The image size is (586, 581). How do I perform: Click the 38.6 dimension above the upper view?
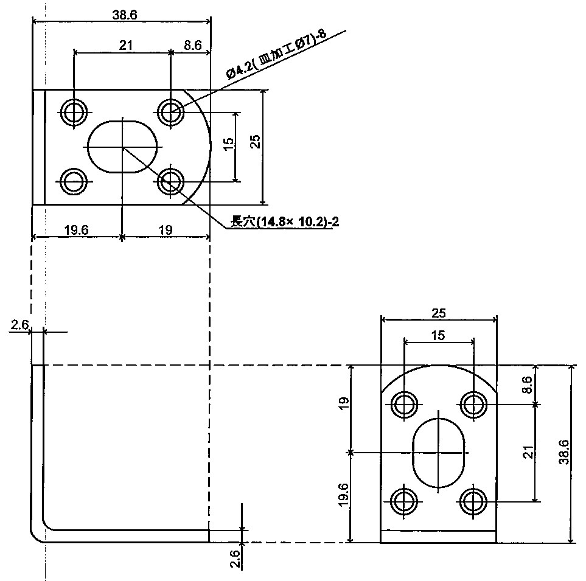[124, 15]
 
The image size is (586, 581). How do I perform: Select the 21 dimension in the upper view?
[126, 45]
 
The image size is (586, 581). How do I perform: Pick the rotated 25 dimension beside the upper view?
[256, 141]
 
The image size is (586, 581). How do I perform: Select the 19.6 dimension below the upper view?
[76, 229]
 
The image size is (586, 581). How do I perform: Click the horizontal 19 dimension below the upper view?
[165, 229]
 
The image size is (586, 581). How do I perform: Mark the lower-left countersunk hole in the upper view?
[74, 181]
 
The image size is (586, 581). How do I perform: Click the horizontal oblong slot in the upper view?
[124, 147]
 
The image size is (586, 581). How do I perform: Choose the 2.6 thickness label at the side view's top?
[19, 325]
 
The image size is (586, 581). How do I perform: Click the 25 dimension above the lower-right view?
[438, 313]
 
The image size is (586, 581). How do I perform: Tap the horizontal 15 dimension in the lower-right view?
[438, 335]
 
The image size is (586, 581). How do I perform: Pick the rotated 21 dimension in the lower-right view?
[528, 452]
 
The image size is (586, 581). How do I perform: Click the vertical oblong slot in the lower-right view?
[439, 453]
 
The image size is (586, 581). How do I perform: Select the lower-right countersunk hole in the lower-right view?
[473, 501]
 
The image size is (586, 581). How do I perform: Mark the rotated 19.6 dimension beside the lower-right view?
[344, 497]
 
